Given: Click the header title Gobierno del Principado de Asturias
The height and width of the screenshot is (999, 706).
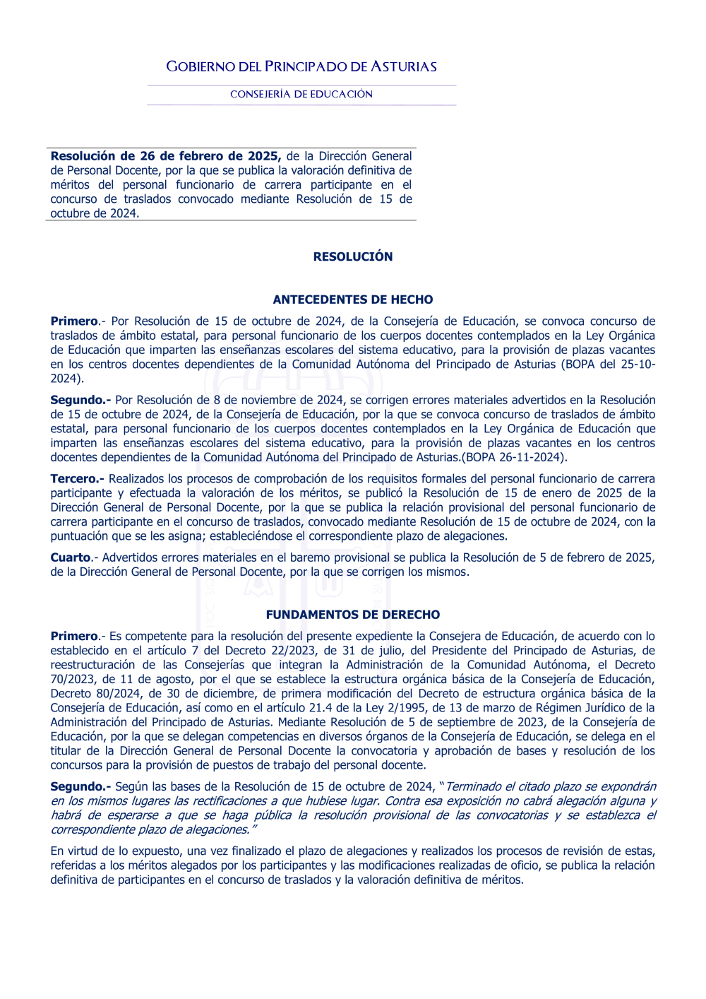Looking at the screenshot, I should (x=301, y=67).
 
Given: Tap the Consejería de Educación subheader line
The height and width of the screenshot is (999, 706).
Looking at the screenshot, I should (x=301, y=94).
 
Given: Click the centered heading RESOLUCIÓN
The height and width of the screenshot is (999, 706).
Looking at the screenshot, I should (x=353, y=256).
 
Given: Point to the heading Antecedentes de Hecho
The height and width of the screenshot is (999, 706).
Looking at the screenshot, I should (x=353, y=300).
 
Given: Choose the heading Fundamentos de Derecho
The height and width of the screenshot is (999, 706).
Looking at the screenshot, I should (x=353, y=615).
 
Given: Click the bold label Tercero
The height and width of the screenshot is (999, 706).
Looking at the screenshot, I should (x=76, y=479).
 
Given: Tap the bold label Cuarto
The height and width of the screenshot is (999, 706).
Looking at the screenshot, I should (x=71, y=557).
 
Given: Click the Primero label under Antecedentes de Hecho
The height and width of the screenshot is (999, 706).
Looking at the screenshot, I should (x=74, y=321).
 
